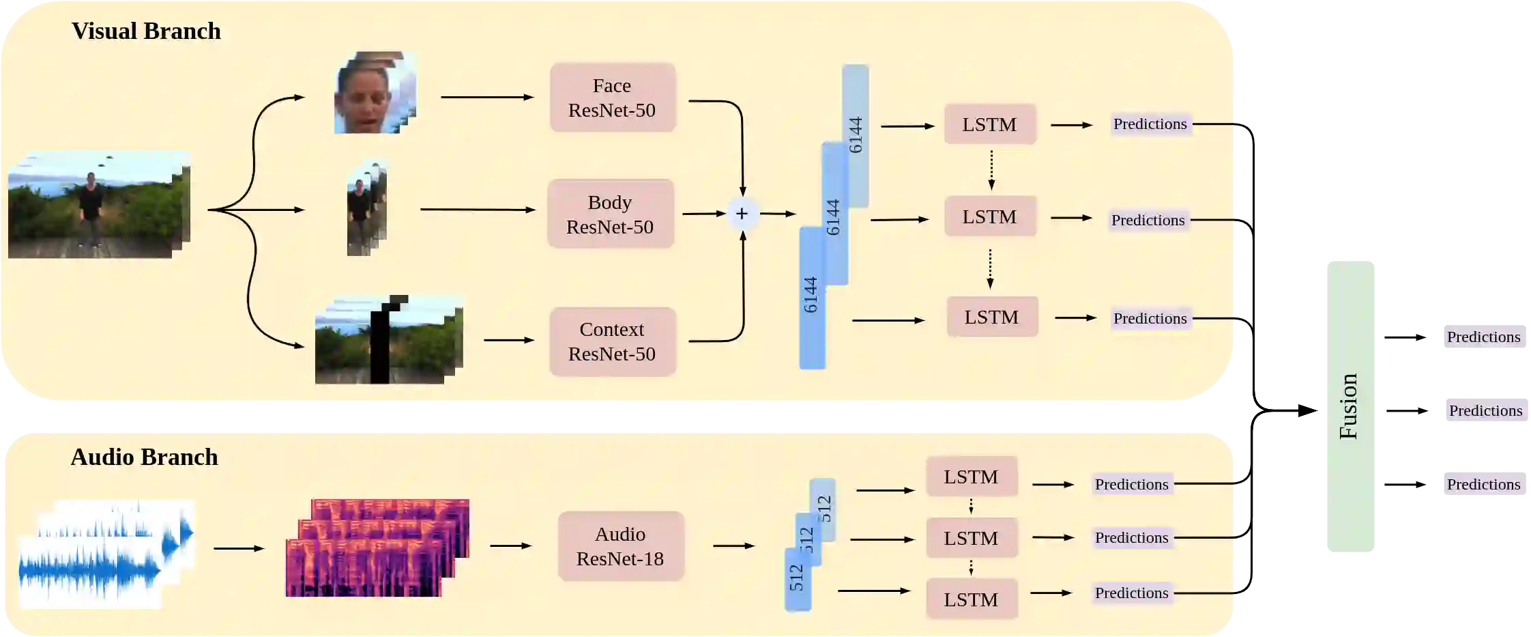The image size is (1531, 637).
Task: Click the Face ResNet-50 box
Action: (x=612, y=98)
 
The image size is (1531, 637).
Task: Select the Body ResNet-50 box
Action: (x=610, y=214)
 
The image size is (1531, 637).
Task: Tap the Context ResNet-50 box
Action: (x=612, y=341)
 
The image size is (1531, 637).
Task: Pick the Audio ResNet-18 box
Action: (x=620, y=546)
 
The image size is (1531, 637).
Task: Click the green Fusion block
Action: (x=1350, y=406)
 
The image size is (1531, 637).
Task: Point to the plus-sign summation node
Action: (x=742, y=214)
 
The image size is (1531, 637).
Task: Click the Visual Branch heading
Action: (x=146, y=31)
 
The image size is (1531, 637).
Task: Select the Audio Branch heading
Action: (x=144, y=457)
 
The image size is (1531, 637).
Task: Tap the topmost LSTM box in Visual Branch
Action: (x=989, y=124)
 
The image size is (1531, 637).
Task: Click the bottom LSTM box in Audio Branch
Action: (x=971, y=599)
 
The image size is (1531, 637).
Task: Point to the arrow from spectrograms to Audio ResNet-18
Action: (x=510, y=546)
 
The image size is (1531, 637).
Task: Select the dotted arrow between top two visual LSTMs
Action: (x=991, y=170)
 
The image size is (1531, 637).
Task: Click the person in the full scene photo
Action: (x=90, y=208)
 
